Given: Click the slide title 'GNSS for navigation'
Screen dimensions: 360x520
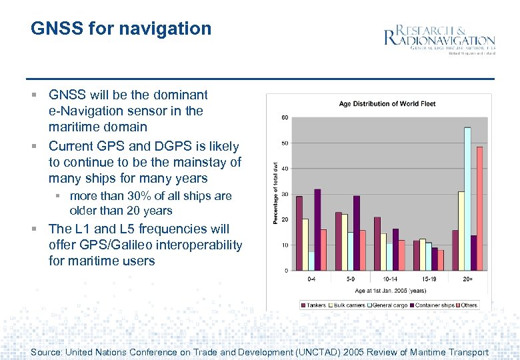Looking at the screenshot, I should pos(121,29).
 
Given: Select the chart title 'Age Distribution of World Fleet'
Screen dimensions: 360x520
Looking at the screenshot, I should pos(387,104).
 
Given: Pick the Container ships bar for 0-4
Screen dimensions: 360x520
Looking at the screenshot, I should pos(317,229).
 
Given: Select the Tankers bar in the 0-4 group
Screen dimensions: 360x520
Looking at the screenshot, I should pos(299,233).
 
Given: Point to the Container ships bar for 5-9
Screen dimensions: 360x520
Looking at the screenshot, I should pos(357,233).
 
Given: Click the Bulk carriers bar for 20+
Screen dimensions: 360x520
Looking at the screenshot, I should pos(461,231).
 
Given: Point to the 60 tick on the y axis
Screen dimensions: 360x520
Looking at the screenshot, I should pos(285,118).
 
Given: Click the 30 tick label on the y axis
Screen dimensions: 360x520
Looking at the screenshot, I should pos(285,194).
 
